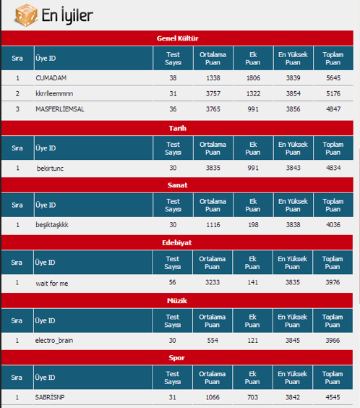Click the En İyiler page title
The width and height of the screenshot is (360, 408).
(66, 14)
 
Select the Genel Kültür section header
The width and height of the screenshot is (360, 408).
(177, 38)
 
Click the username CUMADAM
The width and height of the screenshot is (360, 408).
(51, 77)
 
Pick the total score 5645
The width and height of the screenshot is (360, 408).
(333, 77)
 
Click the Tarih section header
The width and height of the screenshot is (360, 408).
(177, 128)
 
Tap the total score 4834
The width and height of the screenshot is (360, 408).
(333, 168)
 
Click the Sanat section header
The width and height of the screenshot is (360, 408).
(177, 185)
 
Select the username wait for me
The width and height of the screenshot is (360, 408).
(52, 283)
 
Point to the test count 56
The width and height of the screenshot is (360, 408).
(173, 283)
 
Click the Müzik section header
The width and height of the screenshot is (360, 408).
(177, 299)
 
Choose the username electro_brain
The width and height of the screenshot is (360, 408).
(55, 340)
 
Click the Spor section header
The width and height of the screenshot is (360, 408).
(177, 357)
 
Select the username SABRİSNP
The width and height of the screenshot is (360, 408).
(50, 397)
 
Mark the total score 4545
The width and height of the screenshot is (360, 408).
(333, 397)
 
